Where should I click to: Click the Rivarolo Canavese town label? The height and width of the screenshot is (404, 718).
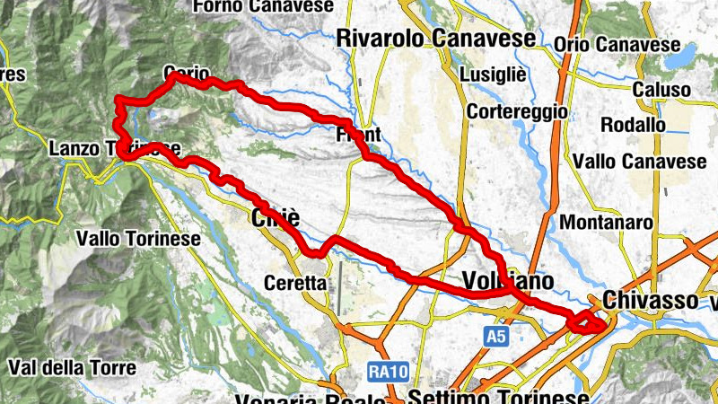[435, 39]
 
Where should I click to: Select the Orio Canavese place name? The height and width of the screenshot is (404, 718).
[617, 44]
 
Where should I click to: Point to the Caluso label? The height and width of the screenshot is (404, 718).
[661, 90]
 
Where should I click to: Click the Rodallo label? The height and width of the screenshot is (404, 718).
[632, 124]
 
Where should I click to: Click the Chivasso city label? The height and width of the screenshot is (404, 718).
[651, 299]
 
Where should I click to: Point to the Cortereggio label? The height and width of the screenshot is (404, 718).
[517, 112]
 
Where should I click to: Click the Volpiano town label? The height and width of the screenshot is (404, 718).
[507, 282]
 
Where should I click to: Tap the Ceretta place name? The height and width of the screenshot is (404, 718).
[295, 282]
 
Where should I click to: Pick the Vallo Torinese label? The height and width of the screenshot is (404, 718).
[138, 239]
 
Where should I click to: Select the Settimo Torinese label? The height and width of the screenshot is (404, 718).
[498, 396]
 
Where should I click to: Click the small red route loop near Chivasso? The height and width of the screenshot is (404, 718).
[586, 321]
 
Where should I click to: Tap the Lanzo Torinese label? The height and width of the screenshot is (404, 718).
[117, 148]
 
